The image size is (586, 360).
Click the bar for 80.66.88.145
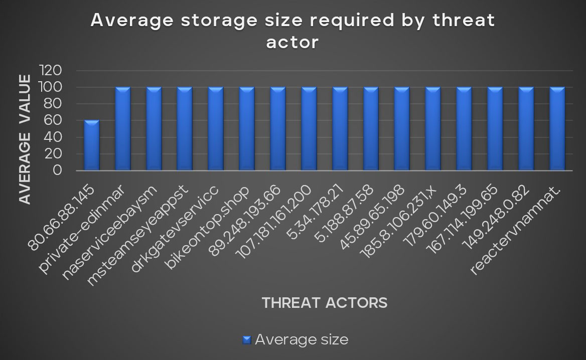coord(92,145)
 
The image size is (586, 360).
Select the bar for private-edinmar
coord(123,129)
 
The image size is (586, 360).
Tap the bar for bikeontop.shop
coord(247,129)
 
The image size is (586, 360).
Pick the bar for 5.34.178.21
coord(340,129)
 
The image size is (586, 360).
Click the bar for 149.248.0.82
coord(526,129)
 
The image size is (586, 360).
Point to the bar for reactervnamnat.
coord(557,129)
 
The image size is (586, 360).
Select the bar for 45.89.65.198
coord(402,129)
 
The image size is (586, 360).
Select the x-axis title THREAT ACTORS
coord(324,303)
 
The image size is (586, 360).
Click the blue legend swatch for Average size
coord(246,340)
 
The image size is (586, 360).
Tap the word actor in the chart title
coord(292,43)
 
